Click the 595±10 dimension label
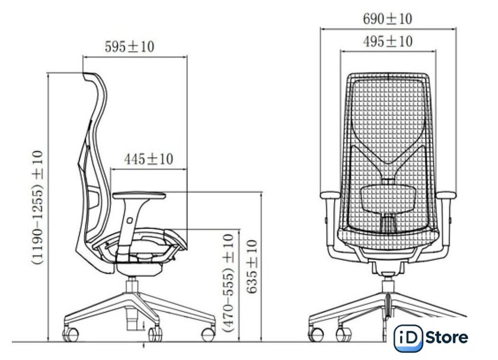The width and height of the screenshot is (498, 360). (x=129, y=47)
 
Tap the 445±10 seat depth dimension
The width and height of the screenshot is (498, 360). (x=149, y=159)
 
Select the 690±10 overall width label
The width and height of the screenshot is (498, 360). (x=388, y=19)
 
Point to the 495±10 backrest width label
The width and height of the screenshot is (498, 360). (x=388, y=42)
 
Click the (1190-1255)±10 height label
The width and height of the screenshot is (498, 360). (x=37, y=208)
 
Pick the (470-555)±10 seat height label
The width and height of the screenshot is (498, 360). (x=229, y=282)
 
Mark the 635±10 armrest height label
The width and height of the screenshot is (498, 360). (x=252, y=267)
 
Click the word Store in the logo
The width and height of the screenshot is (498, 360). (x=446, y=337)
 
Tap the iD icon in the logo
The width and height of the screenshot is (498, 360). (x=408, y=338)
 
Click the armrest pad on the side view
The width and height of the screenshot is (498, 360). (x=139, y=195)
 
